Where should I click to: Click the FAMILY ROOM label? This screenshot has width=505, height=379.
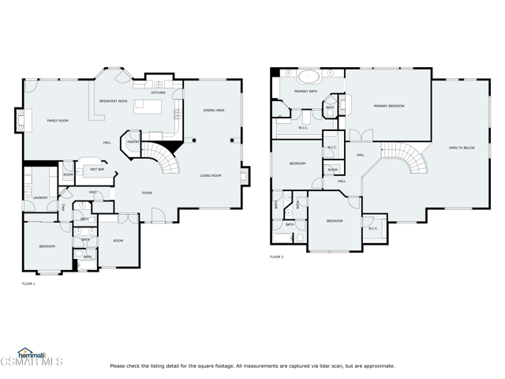click(x=58, y=121)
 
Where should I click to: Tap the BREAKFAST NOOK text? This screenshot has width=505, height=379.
click(x=114, y=101)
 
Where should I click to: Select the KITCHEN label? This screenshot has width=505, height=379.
click(x=158, y=92)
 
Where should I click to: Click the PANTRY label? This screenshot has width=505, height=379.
click(x=133, y=142)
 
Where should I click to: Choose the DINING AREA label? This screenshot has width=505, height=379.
click(x=213, y=110)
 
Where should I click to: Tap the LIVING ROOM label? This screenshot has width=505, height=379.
click(x=210, y=175)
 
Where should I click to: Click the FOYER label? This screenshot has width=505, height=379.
click(x=147, y=193)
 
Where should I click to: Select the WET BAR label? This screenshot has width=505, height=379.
click(x=96, y=169)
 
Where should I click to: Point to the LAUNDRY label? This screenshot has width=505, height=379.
click(x=40, y=197)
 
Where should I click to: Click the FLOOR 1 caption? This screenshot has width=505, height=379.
click(x=28, y=283)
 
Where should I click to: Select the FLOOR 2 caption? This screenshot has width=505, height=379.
click(x=276, y=257)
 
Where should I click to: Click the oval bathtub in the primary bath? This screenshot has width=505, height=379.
click(x=308, y=77)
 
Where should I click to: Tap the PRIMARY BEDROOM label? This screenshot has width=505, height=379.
click(x=389, y=106)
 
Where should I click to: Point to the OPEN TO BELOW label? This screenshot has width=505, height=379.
click(x=462, y=148)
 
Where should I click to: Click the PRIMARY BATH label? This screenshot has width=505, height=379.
click(x=305, y=92)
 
